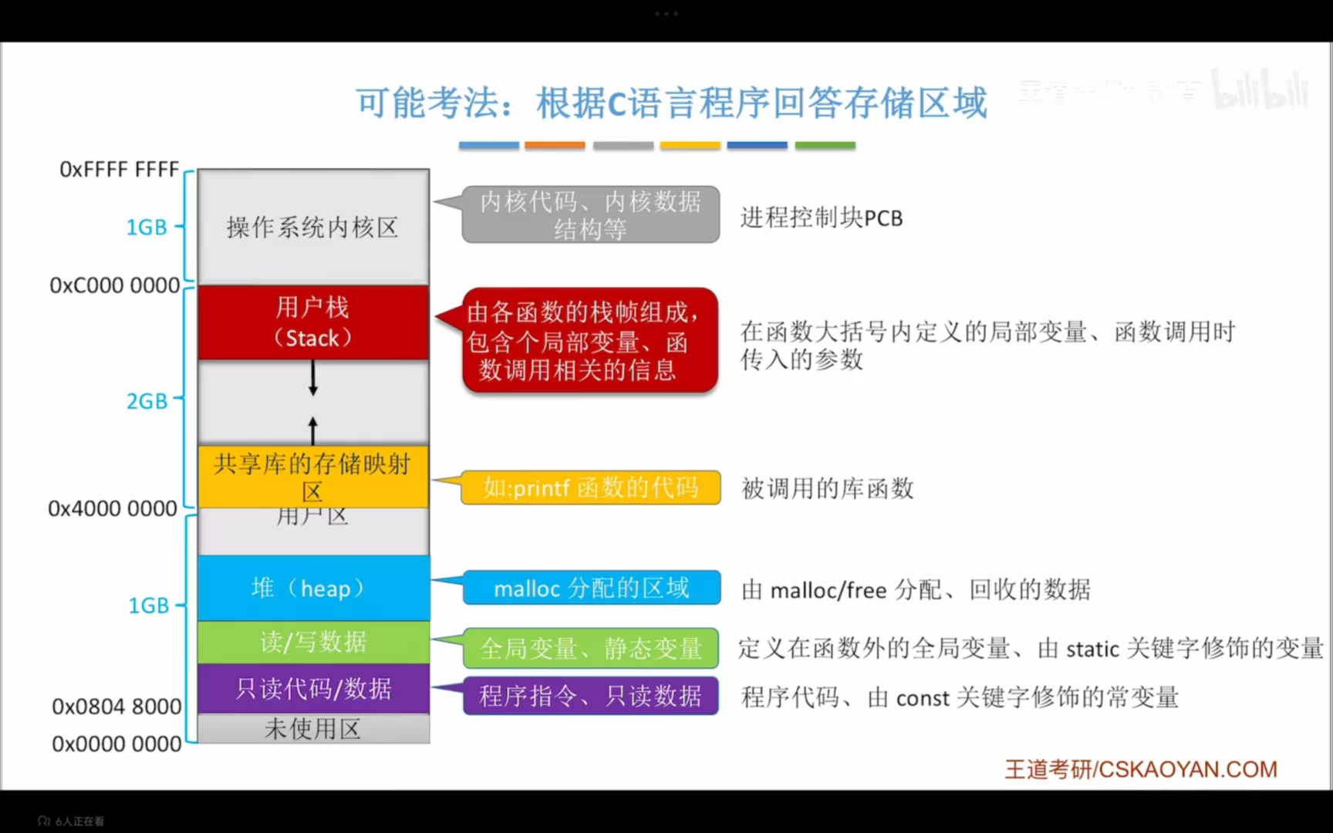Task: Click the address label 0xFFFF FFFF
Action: pos(119,169)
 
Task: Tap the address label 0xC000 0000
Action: pos(114,285)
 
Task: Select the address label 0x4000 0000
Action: pos(113,509)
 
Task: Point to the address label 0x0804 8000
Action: pos(116,707)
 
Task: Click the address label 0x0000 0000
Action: pos(116,744)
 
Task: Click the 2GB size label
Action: pos(147,401)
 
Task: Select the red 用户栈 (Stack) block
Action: pos(313,322)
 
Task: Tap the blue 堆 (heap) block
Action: pos(313,588)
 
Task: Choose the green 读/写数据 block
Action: pos(313,642)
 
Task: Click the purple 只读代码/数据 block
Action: pos(313,688)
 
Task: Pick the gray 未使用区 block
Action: pos(313,729)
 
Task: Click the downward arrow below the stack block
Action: pos(313,379)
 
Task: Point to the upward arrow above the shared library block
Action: pos(313,430)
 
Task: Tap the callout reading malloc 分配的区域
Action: pos(591,588)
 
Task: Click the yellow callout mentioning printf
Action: pos(591,487)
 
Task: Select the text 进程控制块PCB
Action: pos(821,218)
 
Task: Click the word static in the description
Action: pos(1092,649)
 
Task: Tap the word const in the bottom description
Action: pos(922,699)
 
